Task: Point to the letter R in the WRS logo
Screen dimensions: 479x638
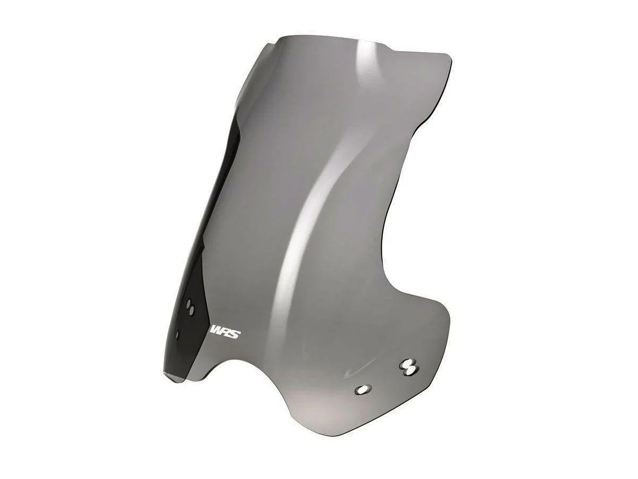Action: point(228,334)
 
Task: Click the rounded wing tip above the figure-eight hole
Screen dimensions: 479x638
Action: point(441,314)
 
